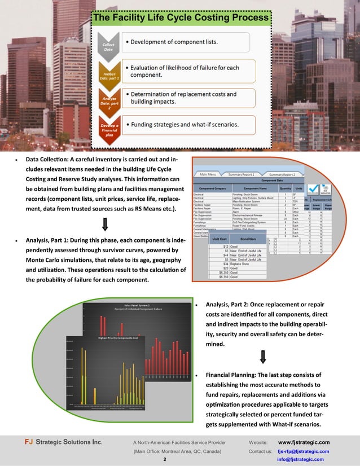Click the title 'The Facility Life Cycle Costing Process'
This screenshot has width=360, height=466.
[x=181, y=18]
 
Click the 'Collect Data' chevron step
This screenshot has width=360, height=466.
[x=108, y=47]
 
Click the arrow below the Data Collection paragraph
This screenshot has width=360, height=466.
[x=104, y=225]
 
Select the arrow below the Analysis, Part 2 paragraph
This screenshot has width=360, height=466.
[x=263, y=357]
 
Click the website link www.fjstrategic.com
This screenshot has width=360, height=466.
[x=304, y=442]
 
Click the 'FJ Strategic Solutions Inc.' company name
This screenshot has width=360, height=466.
[x=58, y=442]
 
